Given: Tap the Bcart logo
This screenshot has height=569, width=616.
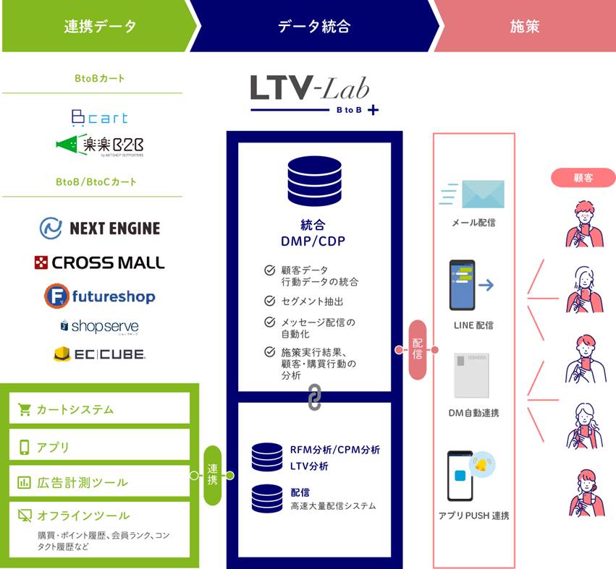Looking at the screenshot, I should point(99,118).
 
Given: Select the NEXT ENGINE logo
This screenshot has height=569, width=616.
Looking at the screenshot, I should point(99,228).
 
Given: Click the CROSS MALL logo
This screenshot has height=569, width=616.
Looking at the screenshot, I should point(99,262).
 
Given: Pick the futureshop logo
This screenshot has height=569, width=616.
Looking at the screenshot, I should point(99,296).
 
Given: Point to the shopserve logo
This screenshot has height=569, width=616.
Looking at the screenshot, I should point(99,326).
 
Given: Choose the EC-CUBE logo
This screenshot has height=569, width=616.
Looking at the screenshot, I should point(99,354).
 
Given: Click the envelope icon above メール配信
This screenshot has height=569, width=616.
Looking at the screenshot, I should point(482,194).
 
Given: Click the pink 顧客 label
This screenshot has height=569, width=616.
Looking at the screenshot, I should point(583,178).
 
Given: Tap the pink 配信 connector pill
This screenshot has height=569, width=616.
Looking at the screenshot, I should point(418,350).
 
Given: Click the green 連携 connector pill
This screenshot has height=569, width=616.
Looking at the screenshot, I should point(212,475).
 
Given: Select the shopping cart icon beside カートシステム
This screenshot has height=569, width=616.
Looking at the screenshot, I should point(25,410).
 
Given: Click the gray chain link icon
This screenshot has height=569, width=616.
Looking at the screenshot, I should point(314,398).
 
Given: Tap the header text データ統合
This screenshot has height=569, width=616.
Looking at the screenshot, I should point(314,27).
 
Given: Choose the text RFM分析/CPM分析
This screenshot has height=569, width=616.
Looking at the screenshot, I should point(334,450).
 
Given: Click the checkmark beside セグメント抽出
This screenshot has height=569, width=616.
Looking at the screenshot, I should point(269,300).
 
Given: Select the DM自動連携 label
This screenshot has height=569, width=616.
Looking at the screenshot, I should point(473,413).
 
